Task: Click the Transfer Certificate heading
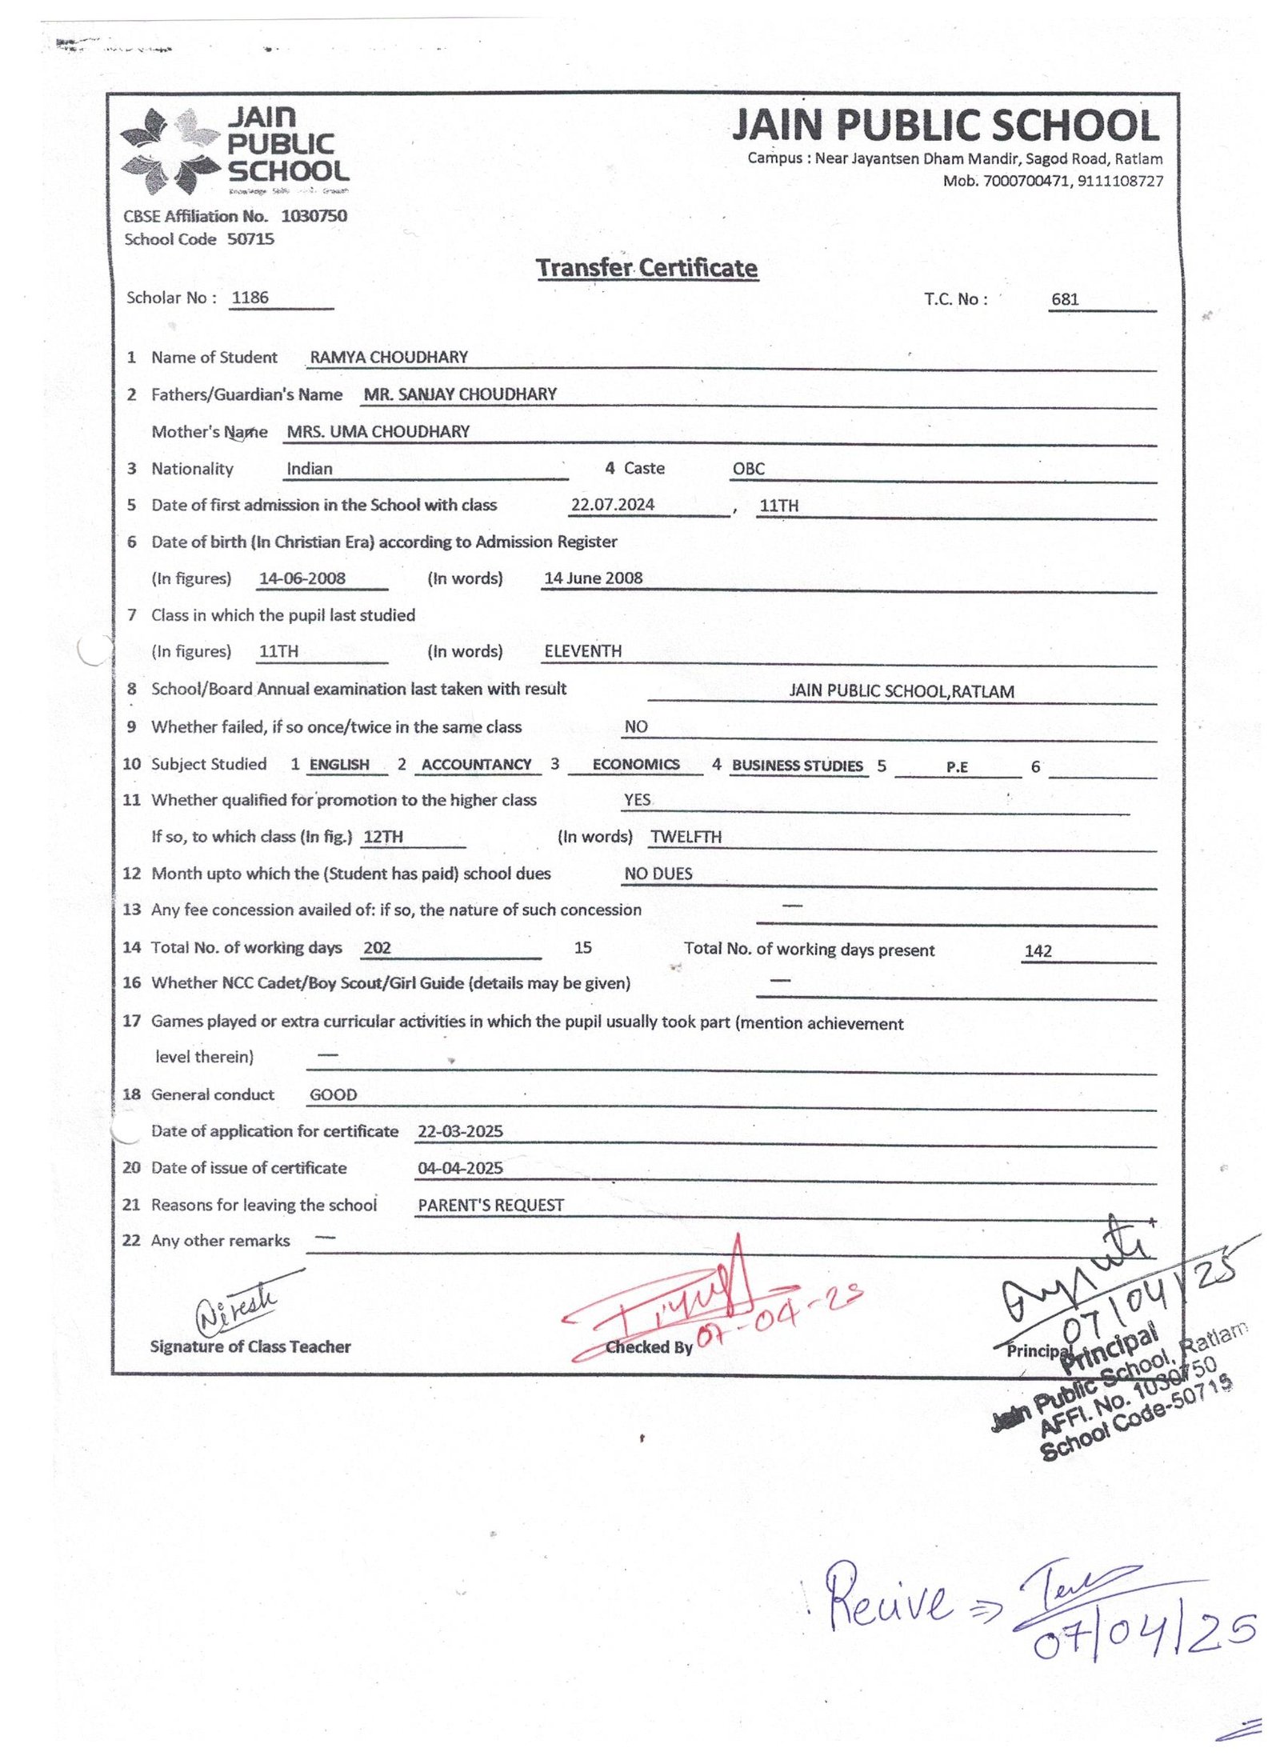[x=646, y=268]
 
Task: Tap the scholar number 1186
[x=250, y=298]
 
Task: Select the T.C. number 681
[x=1065, y=299]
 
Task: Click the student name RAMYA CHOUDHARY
[x=389, y=357]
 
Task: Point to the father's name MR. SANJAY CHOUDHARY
[x=460, y=394]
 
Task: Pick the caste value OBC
[x=748, y=469]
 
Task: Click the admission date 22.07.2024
[x=612, y=505]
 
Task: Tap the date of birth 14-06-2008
[x=302, y=578]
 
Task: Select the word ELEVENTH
[x=582, y=651]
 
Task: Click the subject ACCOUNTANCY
[x=476, y=765]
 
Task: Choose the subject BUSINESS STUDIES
[x=797, y=766]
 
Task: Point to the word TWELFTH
[x=686, y=837]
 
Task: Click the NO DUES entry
[x=658, y=874]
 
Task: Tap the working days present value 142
[x=1038, y=951]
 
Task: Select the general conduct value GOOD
[x=333, y=1094]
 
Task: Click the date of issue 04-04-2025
[x=460, y=1168]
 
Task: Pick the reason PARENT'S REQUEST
[x=490, y=1205]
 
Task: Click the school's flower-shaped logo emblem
[x=170, y=151]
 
